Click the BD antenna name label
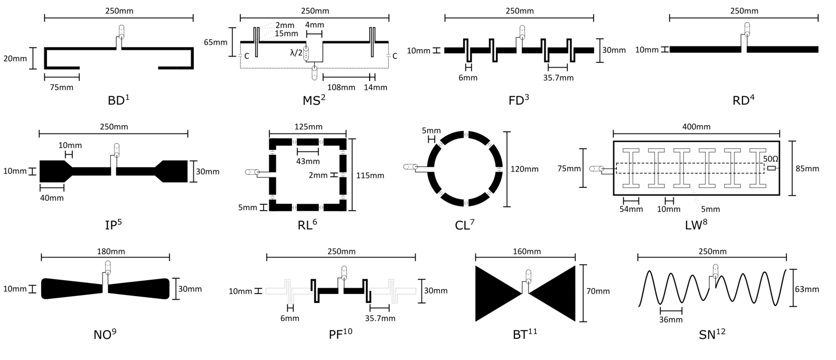(119, 100)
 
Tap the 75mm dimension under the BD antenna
(62, 87)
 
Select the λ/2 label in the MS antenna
(296, 53)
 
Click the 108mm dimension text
(341, 87)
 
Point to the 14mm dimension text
(375, 87)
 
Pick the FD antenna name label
(519, 100)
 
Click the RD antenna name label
(744, 100)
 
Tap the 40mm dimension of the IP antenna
(52, 198)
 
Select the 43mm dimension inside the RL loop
(308, 161)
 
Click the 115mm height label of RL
(370, 175)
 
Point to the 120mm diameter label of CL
(524, 169)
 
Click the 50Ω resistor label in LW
(771, 159)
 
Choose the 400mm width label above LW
(697, 127)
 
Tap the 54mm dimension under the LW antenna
(631, 209)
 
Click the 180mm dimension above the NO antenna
(111, 251)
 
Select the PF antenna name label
(341, 334)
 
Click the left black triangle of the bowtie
(499, 293)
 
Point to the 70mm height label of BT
(598, 291)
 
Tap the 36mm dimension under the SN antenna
(671, 319)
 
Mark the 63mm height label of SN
(807, 289)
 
